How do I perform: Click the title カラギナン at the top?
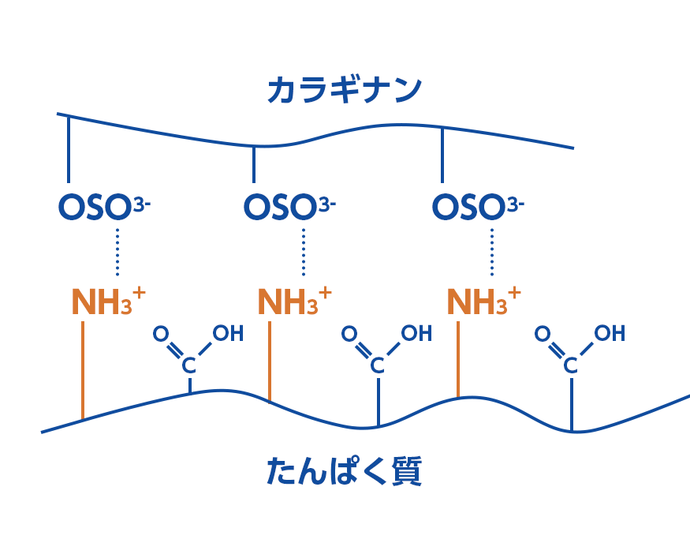point(345,89)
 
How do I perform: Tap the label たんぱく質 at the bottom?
point(345,471)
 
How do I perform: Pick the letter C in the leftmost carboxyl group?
point(189,365)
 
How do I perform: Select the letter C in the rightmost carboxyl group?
point(570,365)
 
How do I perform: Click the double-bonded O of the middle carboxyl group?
point(349,334)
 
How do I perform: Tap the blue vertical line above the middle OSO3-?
point(253,163)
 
